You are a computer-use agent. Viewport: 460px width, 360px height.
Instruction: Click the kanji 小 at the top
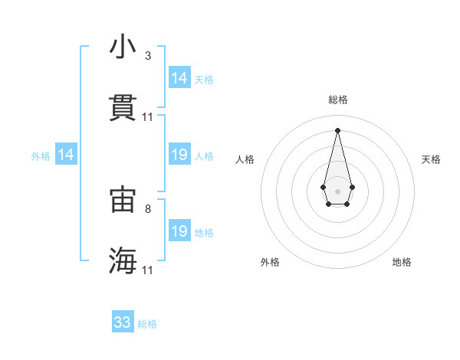click(x=123, y=47)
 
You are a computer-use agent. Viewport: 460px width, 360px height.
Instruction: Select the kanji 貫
click(x=123, y=108)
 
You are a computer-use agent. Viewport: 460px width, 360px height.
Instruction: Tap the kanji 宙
click(x=123, y=199)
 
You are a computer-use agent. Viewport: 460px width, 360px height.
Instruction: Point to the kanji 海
click(x=123, y=260)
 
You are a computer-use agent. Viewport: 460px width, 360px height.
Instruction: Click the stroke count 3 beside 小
click(x=147, y=56)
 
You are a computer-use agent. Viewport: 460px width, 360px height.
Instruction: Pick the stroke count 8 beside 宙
click(x=147, y=208)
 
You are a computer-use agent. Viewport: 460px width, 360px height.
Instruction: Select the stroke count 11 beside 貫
click(x=148, y=117)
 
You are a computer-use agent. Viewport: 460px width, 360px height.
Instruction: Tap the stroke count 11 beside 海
click(x=148, y=270)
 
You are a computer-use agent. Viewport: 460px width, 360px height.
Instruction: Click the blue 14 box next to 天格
click(x=179, y=78)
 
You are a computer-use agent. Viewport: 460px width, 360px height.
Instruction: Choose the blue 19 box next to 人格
click(x=179, y=155)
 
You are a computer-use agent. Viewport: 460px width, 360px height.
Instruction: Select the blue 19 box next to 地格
click(x=179, y=231)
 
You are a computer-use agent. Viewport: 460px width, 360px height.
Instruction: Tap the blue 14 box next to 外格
click(x=66, y=155)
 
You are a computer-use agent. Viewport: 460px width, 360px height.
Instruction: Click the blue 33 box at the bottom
click(x=123, y=322)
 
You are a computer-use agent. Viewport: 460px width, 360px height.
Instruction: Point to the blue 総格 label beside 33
click(x=147, y=324)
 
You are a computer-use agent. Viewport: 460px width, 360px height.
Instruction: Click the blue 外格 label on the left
click(x=41, y=156)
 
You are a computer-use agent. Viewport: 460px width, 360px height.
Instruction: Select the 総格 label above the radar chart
click(x=337, y=100)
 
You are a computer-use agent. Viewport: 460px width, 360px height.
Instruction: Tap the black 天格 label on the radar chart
click(x=431, y=159)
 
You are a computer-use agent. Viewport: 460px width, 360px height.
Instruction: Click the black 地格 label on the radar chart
click(x=402, y=262)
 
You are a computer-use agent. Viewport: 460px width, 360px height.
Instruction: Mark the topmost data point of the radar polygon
click(x=337, y=129)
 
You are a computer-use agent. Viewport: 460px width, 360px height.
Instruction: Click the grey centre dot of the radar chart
click(x=337, y=190)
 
